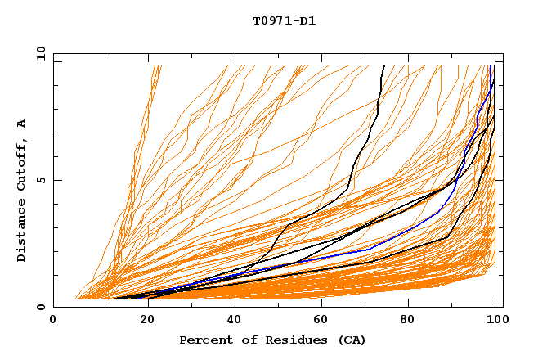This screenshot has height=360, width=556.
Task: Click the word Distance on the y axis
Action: click(21, 232)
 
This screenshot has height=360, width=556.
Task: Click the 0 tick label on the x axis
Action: click(55, 322)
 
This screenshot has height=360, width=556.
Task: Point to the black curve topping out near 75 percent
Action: click(378, 106)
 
